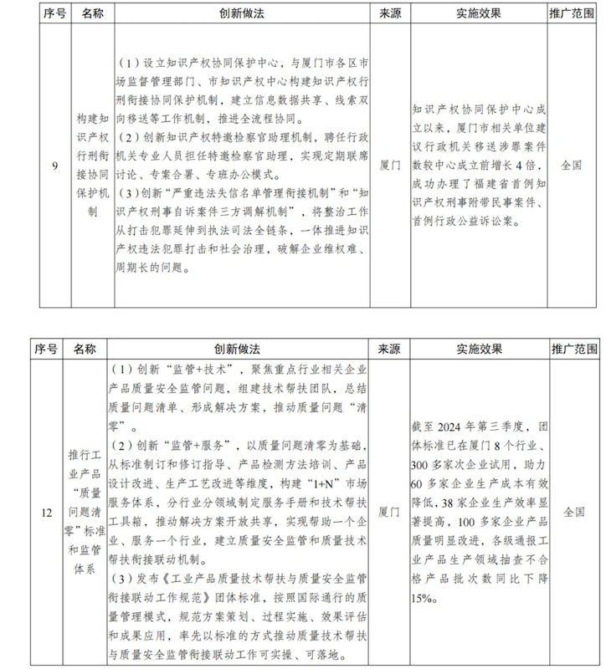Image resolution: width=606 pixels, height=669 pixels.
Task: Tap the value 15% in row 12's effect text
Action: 422,600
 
